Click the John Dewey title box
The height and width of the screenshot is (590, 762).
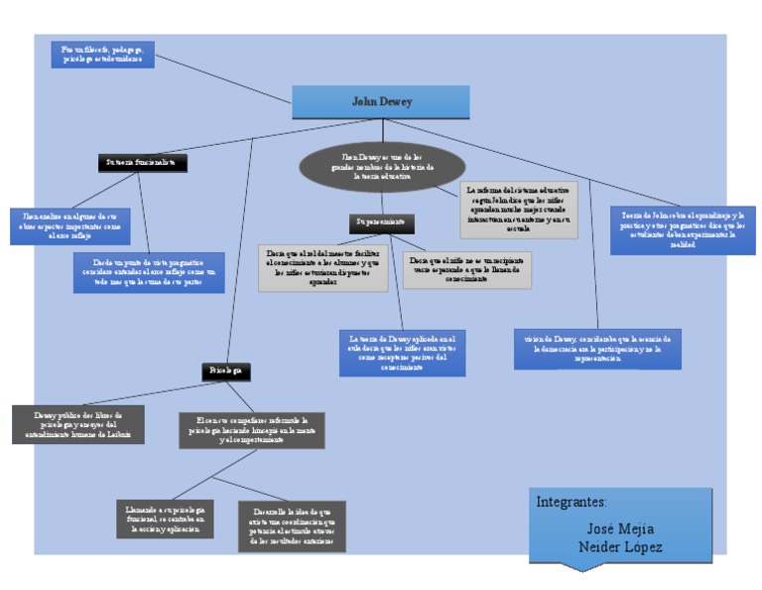coord(382,101)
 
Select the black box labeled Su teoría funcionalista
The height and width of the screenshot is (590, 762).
coord(142,161)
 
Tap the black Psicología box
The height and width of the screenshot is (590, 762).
coord(225,370)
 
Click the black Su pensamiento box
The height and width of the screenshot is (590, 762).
coord(382,223)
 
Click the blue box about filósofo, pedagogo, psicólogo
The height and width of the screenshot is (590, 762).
coord(102,54)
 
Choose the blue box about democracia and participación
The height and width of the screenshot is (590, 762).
coord(597,348)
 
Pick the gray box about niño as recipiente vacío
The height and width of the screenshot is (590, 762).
coord(465,270)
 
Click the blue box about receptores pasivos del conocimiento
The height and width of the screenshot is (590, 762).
coord(402,353)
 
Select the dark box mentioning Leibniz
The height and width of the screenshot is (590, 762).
coord(77,424)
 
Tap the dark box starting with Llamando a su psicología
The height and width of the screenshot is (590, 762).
coord(165,517)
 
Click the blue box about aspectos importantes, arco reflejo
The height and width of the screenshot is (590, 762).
coord(70,226)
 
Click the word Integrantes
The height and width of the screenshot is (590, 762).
coord(571,502)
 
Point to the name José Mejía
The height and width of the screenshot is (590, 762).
coord(620,528)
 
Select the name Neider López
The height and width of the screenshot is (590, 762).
coord(620,547)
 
